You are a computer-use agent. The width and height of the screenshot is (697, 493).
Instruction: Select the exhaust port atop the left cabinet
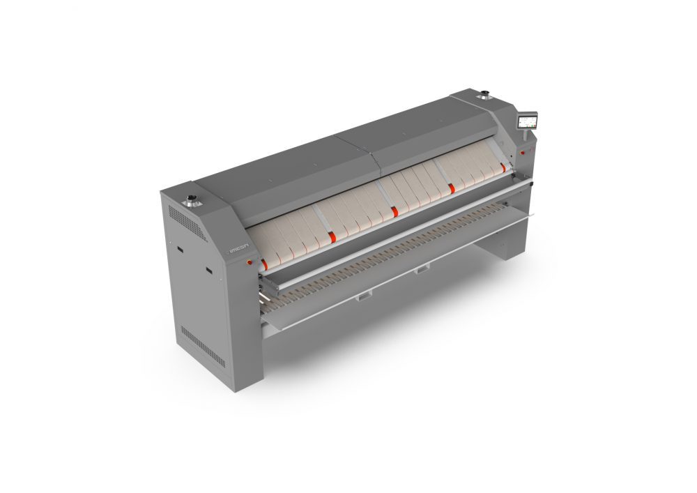(190, 203)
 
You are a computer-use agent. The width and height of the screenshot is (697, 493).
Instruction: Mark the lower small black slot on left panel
(208, 268)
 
